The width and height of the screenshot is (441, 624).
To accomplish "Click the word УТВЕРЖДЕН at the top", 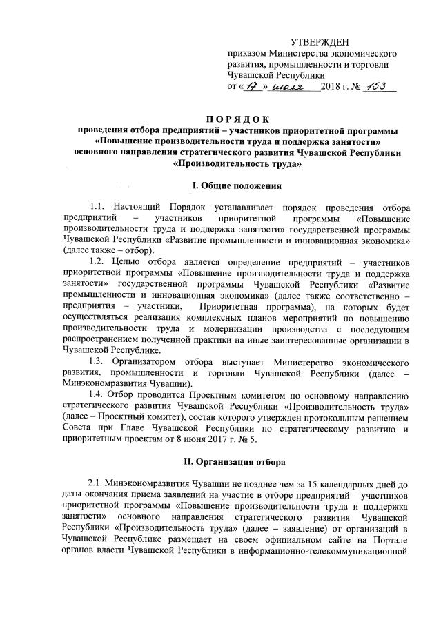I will point(320,42).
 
